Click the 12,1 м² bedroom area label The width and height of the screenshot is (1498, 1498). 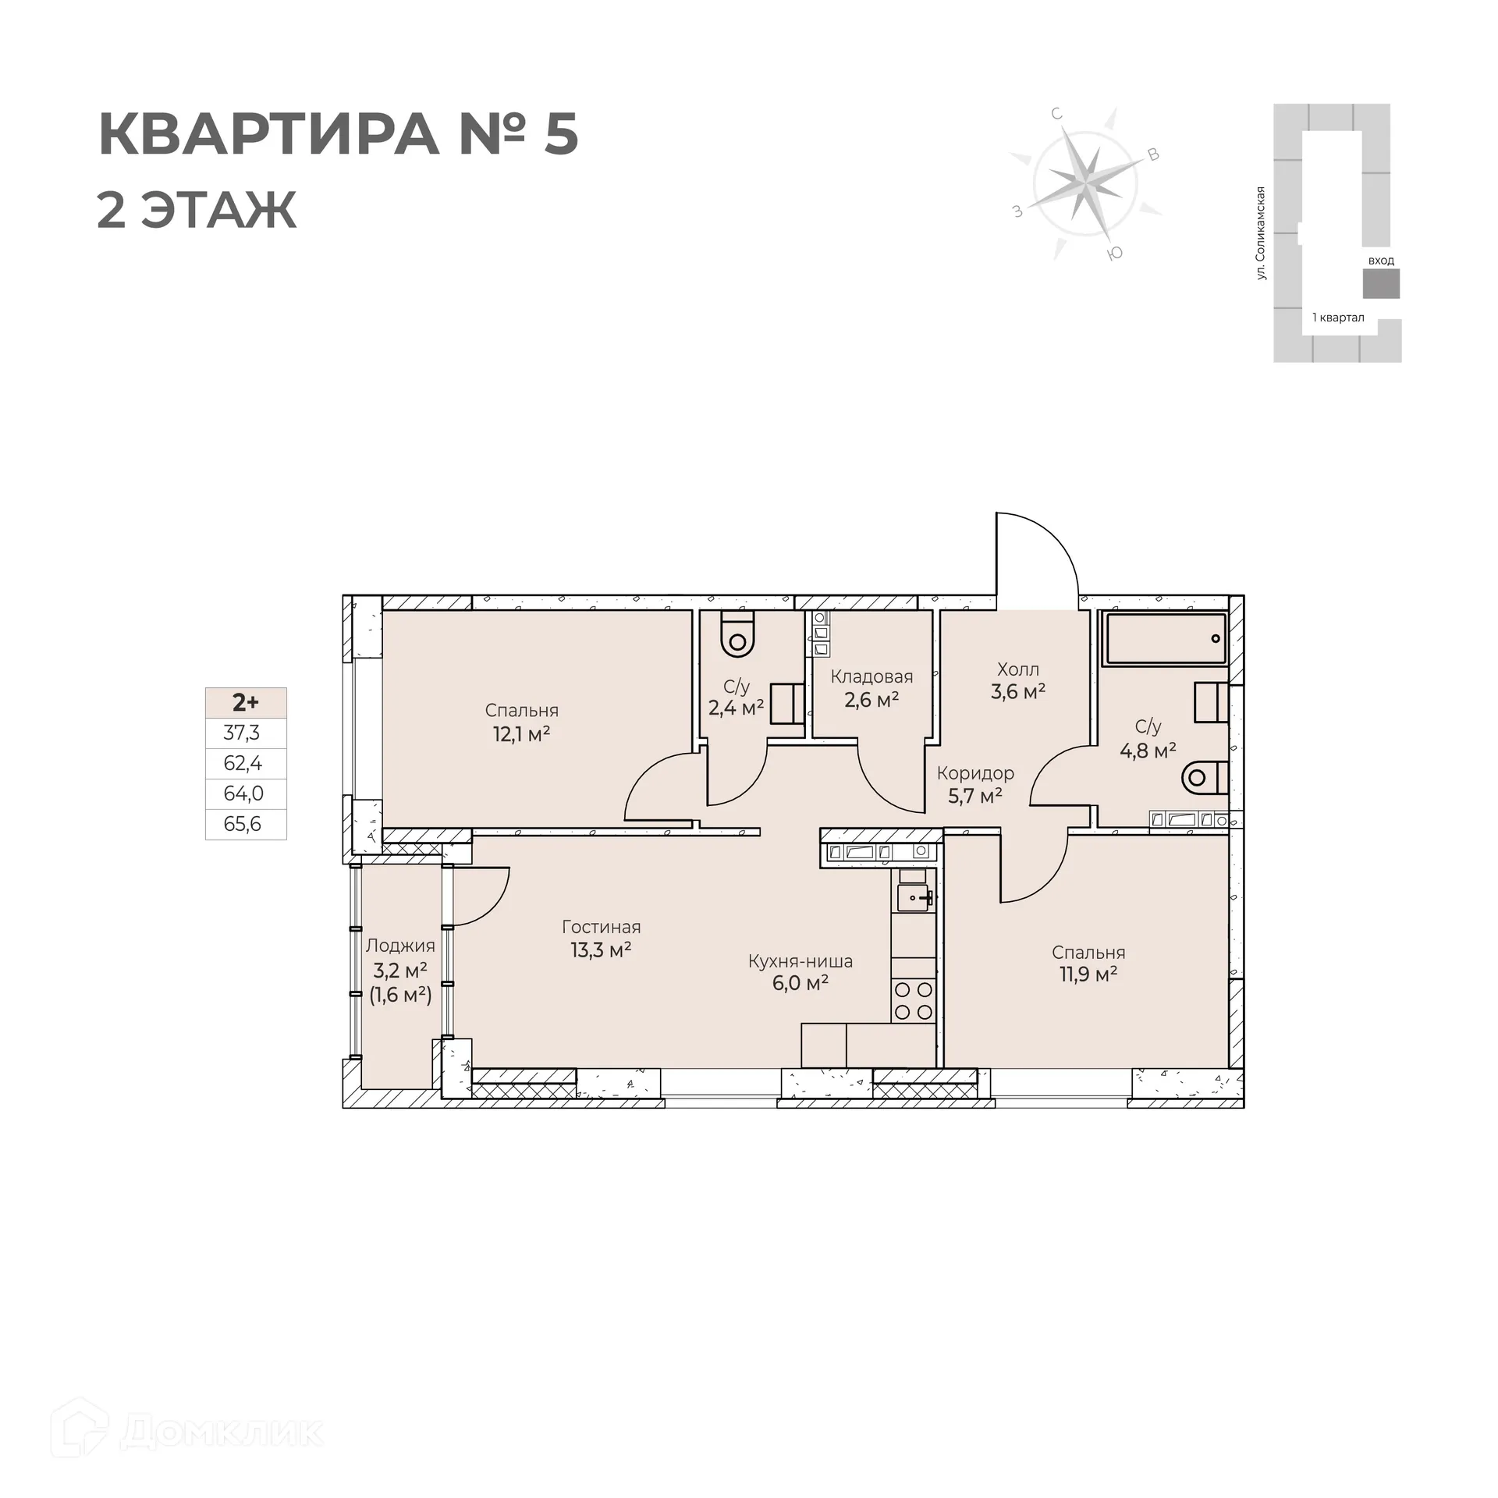521,734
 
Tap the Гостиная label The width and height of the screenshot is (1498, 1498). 601,927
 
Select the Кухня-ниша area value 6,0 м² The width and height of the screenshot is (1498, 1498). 800,983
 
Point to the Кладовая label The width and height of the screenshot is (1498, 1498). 871,676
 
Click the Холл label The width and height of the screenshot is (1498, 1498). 1017,669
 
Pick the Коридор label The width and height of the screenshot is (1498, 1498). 975,773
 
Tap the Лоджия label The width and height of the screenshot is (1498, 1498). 400,946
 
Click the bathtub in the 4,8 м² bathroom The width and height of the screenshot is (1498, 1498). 1166,638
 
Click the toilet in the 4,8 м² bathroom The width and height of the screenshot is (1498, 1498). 1202,777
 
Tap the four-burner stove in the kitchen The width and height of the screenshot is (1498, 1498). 914,1001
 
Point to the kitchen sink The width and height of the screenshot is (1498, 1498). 914,897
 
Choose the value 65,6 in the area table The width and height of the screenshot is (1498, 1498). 243,824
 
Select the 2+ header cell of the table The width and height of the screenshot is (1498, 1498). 245,702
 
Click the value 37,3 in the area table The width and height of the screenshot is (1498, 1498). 242,733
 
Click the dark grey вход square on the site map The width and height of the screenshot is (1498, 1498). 1380,283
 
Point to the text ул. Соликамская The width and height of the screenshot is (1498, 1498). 1260,233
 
